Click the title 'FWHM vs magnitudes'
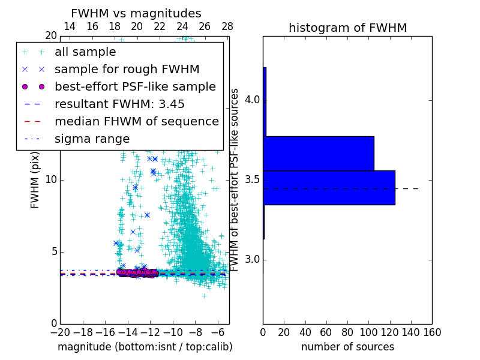point(136,14)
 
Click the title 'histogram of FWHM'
point(347,28)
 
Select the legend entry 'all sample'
point(84,52)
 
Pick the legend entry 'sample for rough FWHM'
point(127,70)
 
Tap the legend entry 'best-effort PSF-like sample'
point(135,87)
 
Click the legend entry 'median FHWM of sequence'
point(136,122)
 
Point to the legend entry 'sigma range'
point(92,139)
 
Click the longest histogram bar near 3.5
point(329,187)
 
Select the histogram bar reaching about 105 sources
point(319,153)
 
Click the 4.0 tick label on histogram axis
point(252,100)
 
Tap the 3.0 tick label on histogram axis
point(252,260)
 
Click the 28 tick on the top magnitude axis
point(227,27)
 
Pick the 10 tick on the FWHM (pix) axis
point(52,180)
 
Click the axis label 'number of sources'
point(347,347)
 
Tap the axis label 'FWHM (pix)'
point(35,180)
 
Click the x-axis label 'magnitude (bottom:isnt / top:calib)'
point(145,347)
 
